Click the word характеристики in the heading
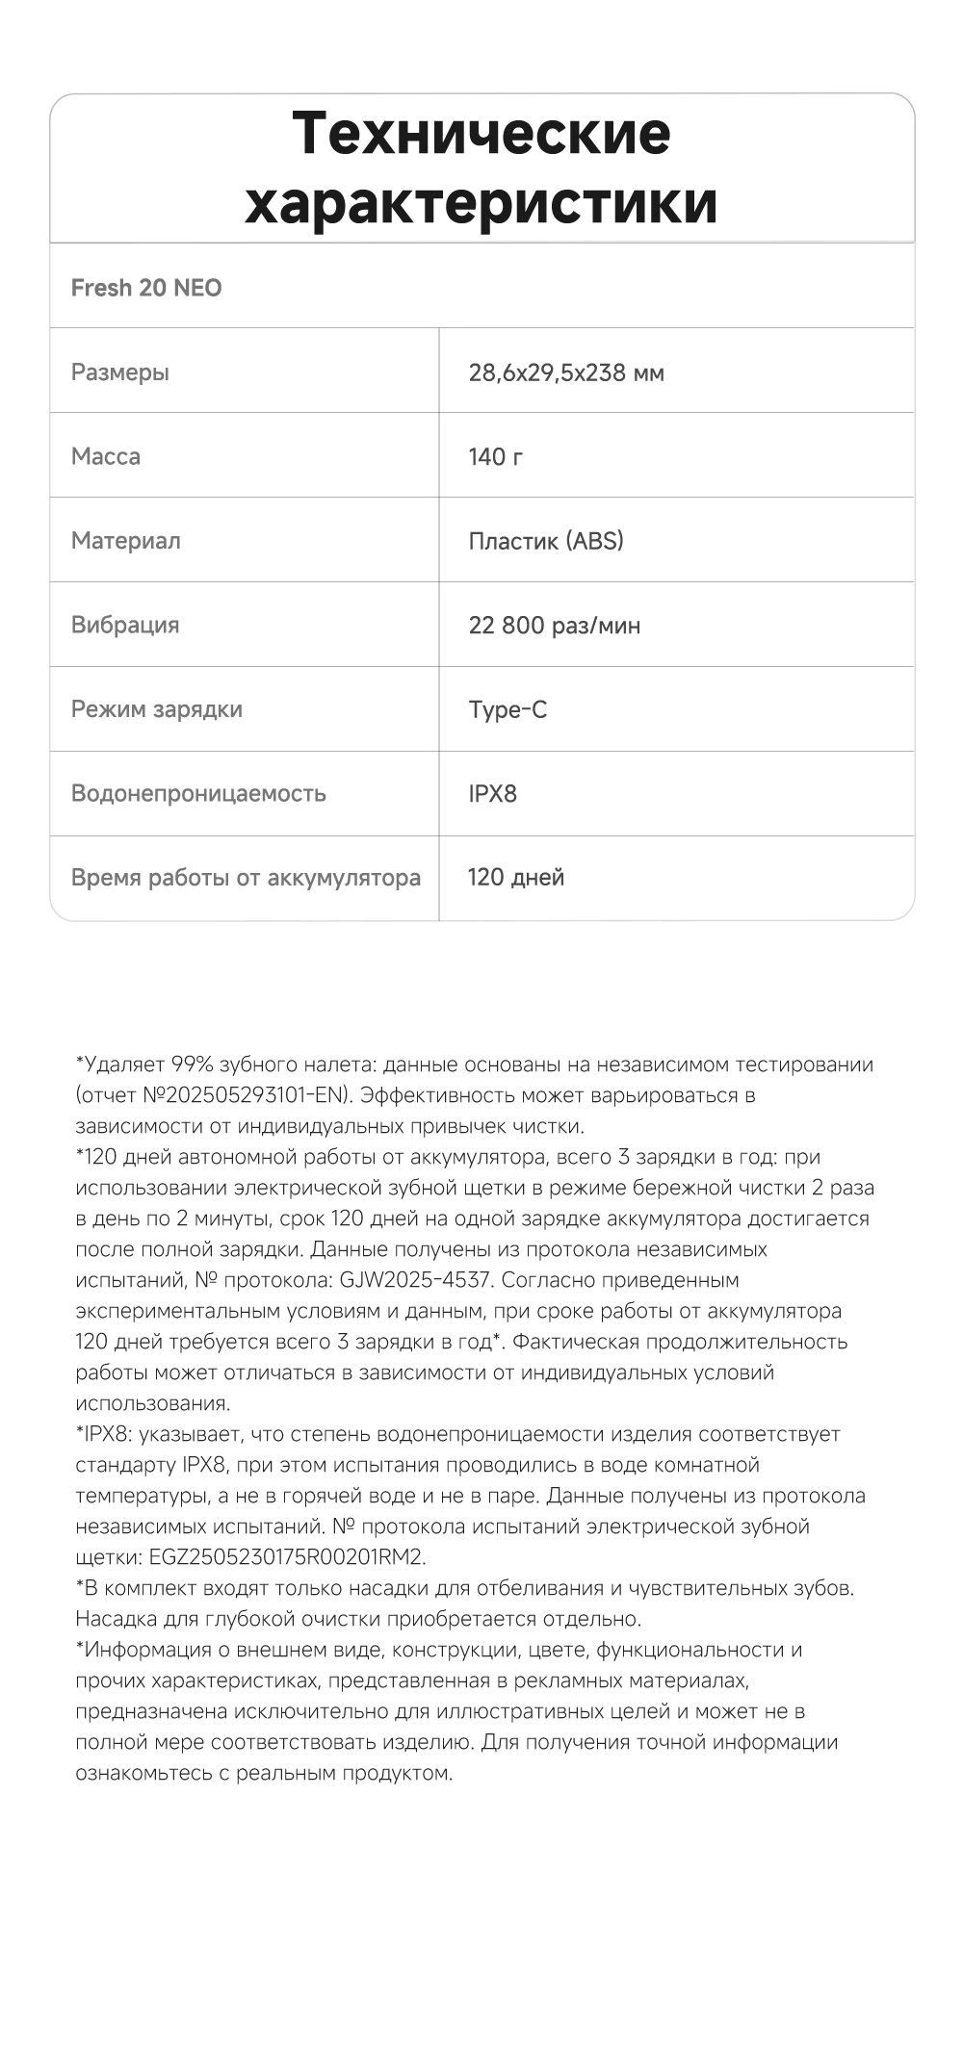(x=481, y=203)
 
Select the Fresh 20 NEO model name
(x=146, y=288)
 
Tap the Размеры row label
(x=120, y=372)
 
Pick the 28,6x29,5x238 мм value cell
(x=566, y=372)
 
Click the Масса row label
(x=106, y=456)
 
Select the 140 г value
(x=496, y=456)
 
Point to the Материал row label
(x=126, y=541)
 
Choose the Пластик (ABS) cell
(x=546, y=541)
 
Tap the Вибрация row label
(x=125, y=625)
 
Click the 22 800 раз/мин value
(x=555, y=626)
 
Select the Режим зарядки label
(x=157, y=709)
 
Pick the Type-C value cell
(x=508, y=709)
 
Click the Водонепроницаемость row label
(x=198, y=793)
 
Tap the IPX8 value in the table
(x=493, y=793)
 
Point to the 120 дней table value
(x=516, y=877)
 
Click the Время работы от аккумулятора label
(x=246, y=878)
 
